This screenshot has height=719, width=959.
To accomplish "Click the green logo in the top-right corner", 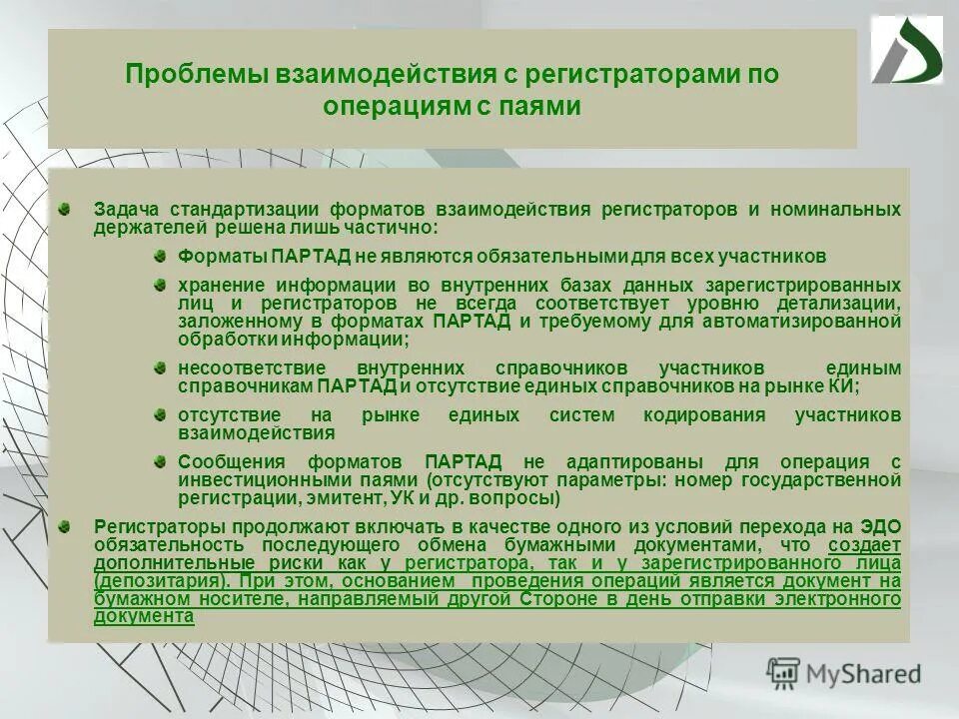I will pyautogui.click(x=906, y=51).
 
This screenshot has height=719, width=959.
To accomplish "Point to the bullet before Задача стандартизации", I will pyautogui.click(x=64, y=208).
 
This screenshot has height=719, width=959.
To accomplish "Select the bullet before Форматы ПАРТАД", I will pyautogui.click(x=160, y=254).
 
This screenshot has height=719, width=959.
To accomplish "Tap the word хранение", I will pyautogui.click(x=224, y=285).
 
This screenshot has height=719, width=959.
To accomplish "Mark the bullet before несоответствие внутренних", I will pyautogui.click(x=160, y=366).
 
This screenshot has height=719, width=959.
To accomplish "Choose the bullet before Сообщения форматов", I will pyautogui.click(x=160, y=460).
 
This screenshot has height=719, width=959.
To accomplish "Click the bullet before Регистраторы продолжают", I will pyautogui.click(x=64, y=525).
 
